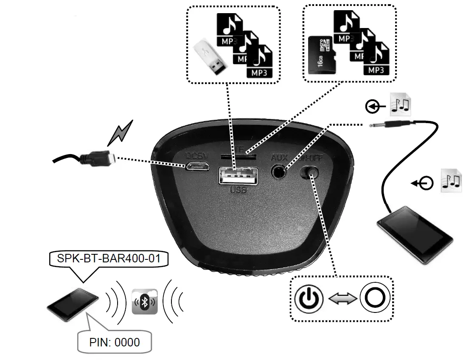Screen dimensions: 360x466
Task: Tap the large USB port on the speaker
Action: click(x=238, y=176)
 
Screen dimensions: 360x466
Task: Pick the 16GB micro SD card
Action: click(x=322, y=55)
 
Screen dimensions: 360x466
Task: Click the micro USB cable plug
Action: click(x=98, y=158)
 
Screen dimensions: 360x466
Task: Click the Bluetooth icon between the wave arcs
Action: click(x=145, y=302)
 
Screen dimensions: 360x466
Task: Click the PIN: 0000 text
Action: click(x=114, y=342)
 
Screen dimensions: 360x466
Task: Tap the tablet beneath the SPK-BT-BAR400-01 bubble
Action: click(x=73, y=305)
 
